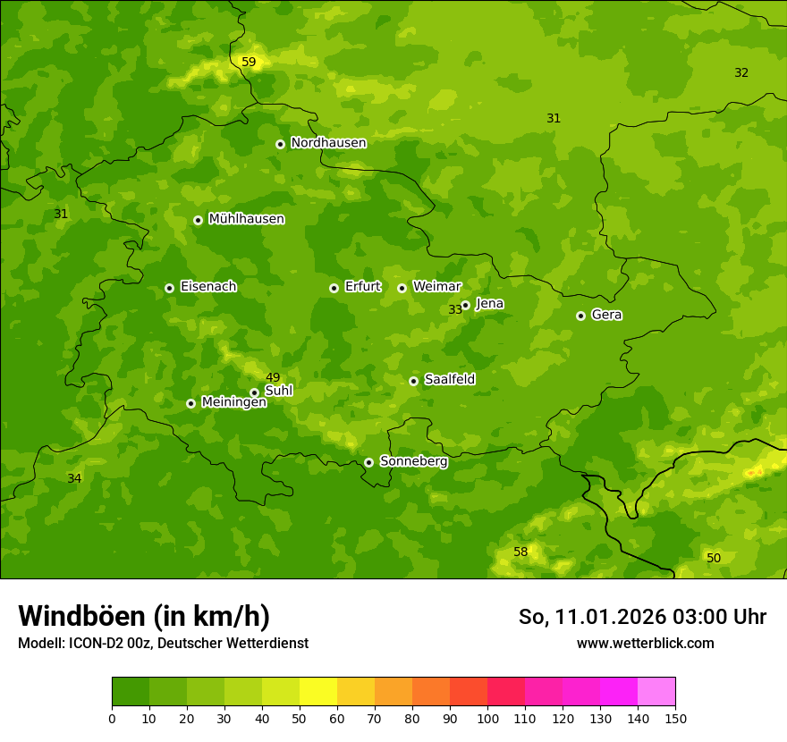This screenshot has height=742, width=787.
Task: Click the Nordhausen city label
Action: pos(328,143)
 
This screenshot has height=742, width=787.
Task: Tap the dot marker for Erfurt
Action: pos(334,288)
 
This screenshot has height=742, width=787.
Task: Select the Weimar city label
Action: pos(436,287)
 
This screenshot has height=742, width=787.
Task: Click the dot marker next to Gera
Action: pos(580,316)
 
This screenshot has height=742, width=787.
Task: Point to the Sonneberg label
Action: pos(413,461)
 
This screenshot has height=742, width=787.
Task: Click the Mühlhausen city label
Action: pos(246,219)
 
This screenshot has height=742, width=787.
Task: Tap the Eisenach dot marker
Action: pos(169,288)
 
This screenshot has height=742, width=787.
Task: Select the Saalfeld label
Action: pos(449,380)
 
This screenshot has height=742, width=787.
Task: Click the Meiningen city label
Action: pos(233,402)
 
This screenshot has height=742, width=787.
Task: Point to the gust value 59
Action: pos(249,62)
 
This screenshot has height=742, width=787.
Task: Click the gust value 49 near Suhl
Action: pos(273,377)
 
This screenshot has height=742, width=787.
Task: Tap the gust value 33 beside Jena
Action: pos(455,309)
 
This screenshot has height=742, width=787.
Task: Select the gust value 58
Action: pos(520,552)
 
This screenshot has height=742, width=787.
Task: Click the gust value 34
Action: pos(74,478)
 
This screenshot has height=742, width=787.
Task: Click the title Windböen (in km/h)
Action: pos(143,616)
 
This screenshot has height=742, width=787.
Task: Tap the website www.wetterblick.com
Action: pos(645,643)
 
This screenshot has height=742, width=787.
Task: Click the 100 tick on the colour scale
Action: pos(487,717)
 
